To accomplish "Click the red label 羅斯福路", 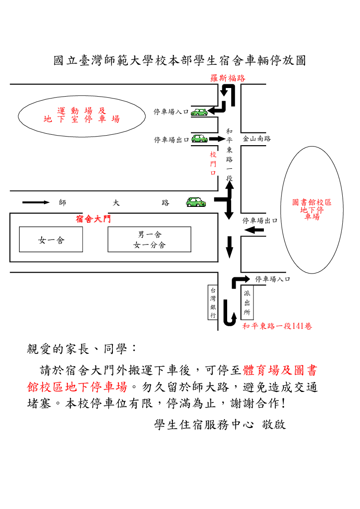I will (x=228, y=78).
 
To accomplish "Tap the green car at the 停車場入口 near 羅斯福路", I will (x=199, y=111).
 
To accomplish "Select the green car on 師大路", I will (x=195, y=202).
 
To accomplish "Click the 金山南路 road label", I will (x=257, y=139).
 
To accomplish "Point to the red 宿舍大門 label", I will (x=93, y=220).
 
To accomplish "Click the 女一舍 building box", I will (x=51, y=240).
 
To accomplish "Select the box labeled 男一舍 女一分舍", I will (x=149, y=240).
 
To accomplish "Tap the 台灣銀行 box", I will (x=213, y=302).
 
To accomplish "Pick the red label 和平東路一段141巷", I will (x=277, y=326).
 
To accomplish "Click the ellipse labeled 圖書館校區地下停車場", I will (x=311, y=209).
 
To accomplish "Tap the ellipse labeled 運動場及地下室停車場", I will (x=82, y=115).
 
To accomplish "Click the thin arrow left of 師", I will (x=36, y=202).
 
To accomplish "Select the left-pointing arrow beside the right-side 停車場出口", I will (x=254, y=231).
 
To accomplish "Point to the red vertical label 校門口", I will (x=213, y=164).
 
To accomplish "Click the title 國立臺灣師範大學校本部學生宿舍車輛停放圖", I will (x=180, y=61).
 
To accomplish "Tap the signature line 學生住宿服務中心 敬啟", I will (x=220, y=425).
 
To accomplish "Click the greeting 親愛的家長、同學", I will (x=82, y=349).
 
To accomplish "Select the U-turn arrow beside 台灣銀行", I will (x=229, y=313).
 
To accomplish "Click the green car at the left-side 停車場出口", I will (x=199, y=138).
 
